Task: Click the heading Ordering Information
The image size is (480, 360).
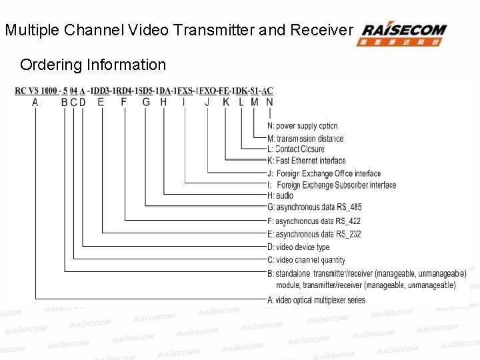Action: click(x=93, y=65)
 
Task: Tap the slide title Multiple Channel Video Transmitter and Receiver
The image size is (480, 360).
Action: click(x=178, y=30)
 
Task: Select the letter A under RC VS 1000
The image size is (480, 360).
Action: click(x=35, y=103)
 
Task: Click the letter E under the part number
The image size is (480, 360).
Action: click(x=101, y=103)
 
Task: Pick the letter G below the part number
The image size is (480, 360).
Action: click(x=146, y=103)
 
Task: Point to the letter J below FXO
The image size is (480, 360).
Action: click(x=207, y=103)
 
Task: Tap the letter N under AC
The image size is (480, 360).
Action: click(x=269, y=103)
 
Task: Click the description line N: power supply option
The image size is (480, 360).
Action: click(x=302, y=126)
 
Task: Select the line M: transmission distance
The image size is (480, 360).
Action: click(x=305, y=139)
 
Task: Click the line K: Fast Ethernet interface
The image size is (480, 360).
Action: click(x=306, y=161)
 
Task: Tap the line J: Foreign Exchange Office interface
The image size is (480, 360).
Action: click(x=323, y=174)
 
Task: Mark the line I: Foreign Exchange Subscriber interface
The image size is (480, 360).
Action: click(x=331, y=185)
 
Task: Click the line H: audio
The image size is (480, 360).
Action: click(x=280, y=196)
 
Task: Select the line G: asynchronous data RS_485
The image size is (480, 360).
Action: click(x=314, y=207)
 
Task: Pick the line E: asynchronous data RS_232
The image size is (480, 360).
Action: click(x=314, y=234)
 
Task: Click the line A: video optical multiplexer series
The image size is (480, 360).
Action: click(x=316, y=300)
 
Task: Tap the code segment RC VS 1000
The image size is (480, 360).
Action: click(x=36, y=91)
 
